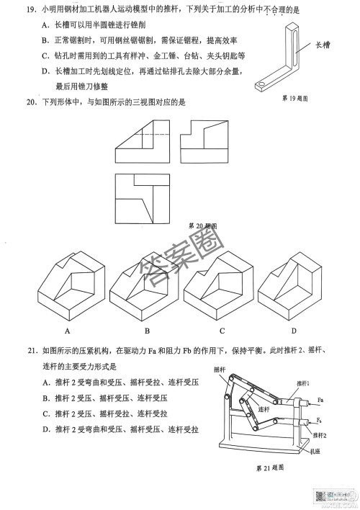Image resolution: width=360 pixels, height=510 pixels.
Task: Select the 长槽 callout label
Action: (323, 45)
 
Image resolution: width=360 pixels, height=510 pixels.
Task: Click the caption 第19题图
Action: (295, 97)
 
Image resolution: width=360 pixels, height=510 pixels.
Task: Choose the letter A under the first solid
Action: (66, 331)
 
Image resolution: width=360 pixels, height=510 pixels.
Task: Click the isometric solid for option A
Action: (67, 285)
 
